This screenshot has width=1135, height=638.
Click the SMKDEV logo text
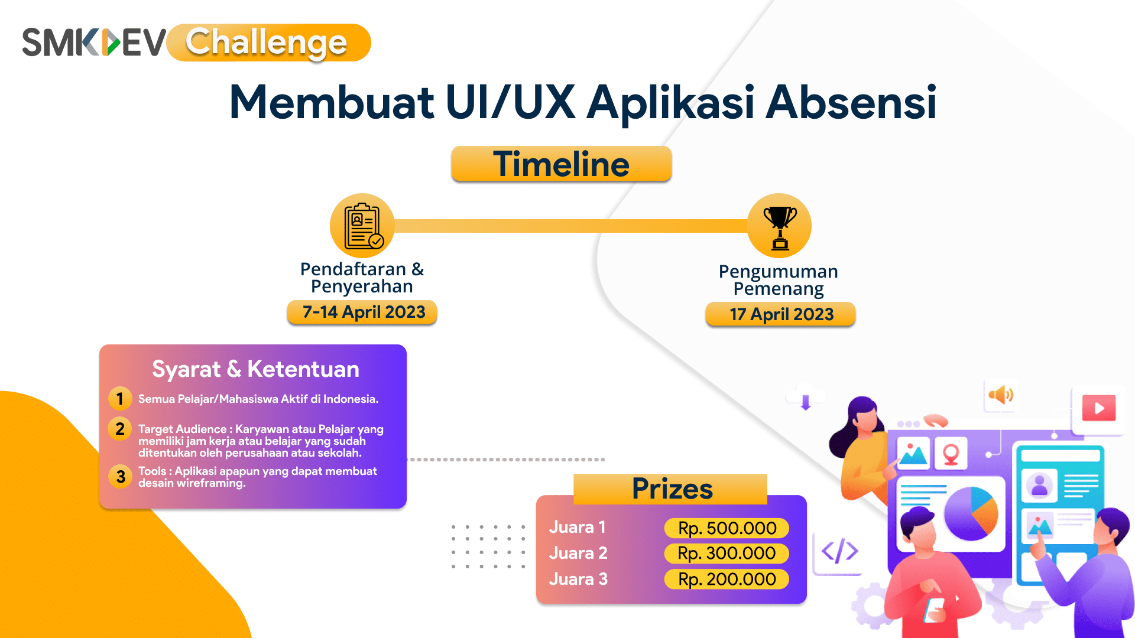coord(95,43)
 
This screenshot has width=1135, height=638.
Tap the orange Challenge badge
coord(269,43)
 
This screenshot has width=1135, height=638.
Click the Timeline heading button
coord(561,164)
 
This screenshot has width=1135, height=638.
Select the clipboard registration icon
coord(362,226)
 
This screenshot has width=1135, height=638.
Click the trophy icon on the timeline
coord(780,226)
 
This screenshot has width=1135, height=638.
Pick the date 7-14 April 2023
coord(362,312)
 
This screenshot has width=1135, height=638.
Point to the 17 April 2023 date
coord(781,314)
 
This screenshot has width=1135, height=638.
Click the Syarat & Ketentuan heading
coord(255,369)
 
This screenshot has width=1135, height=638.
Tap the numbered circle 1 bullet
coord(120,399)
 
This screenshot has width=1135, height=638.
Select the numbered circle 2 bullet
coord(120,429)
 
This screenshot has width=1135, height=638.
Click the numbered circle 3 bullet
coord(120,476)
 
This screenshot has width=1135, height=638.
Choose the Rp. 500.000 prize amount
coord(727,528)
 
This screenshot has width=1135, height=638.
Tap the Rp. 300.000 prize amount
coord(727,554)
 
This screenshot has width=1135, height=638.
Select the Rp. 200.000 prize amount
coord(727,580)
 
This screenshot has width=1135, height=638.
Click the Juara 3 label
coord(578,579)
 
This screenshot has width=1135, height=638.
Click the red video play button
coord(1099,408)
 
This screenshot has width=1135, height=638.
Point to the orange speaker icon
coord(1001,395)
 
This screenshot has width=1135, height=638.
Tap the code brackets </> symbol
coord(840,552)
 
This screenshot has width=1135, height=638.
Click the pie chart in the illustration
coord(971,513)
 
